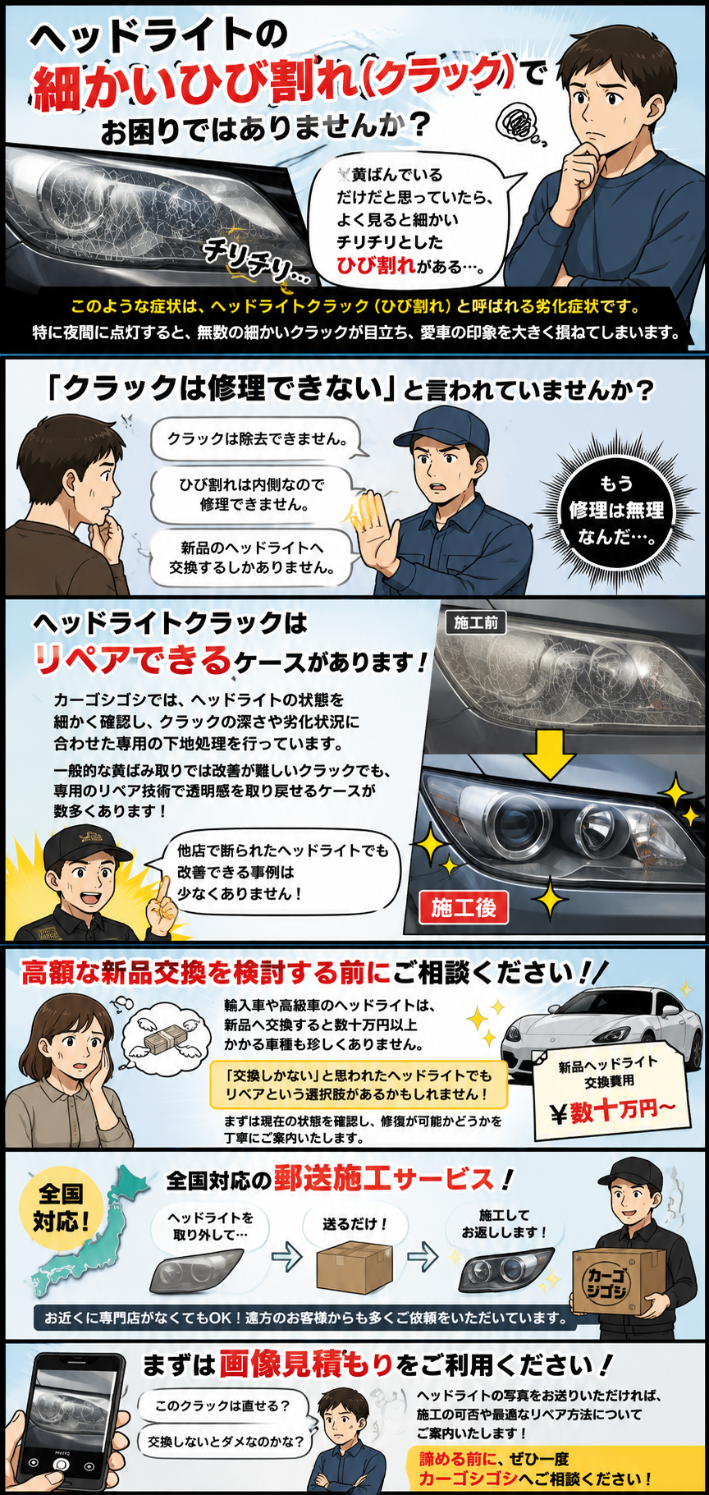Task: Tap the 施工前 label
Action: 476,623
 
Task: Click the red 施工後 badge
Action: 464,907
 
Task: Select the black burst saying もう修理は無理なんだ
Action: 616,510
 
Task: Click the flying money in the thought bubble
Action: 167,1039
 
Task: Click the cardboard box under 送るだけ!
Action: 354,1267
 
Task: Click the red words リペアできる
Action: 132,659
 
